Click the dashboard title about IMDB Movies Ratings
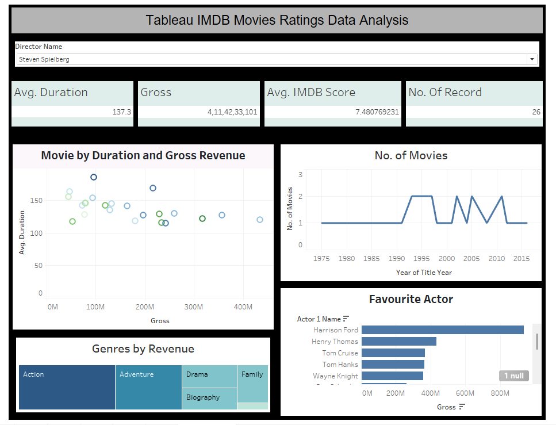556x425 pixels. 277,20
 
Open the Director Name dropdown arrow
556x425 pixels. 532,59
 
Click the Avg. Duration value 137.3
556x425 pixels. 121,112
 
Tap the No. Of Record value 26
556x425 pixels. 536,112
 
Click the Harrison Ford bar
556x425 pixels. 442,330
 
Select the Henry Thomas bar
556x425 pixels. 398,342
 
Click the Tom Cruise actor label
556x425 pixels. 340,353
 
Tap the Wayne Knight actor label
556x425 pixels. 335,376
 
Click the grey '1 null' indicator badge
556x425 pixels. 513,376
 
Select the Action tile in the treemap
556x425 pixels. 67,387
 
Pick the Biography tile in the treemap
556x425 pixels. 209,398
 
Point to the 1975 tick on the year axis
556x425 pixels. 321,259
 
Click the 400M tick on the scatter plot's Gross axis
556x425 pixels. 243,307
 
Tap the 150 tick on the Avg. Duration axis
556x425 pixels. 37,201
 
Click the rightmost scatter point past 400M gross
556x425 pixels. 260,220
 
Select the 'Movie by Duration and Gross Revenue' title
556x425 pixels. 143,156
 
